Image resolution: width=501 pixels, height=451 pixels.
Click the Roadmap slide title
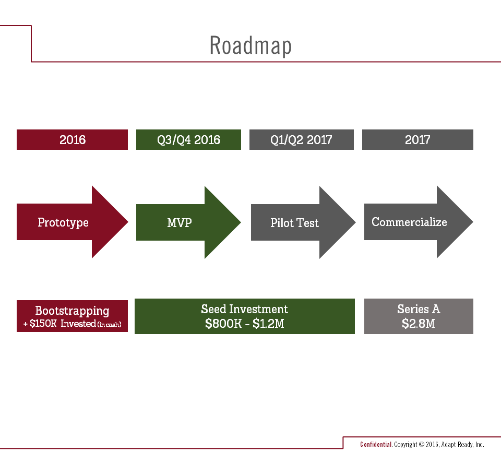click(250, 46)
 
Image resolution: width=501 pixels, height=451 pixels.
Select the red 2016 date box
click(72, 140)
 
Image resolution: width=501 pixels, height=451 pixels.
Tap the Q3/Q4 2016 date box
click(188, 140)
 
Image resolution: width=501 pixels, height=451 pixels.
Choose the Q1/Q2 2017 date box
click(301, 140)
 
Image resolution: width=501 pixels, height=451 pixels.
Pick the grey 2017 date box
click(417, 140)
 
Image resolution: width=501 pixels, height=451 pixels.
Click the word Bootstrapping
click(72, 311)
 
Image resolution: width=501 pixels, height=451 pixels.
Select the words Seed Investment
click(244, 309)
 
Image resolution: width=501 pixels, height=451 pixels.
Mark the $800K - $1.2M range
click(244, 324)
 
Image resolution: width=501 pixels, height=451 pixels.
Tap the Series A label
click(418, 309)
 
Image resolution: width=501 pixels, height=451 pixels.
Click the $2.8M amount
click(418, 324)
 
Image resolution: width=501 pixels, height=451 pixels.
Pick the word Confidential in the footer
click(376, 445)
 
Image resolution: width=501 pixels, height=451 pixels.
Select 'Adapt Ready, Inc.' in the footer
click(462, 445)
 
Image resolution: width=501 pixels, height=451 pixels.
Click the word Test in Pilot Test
click(308, 223)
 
